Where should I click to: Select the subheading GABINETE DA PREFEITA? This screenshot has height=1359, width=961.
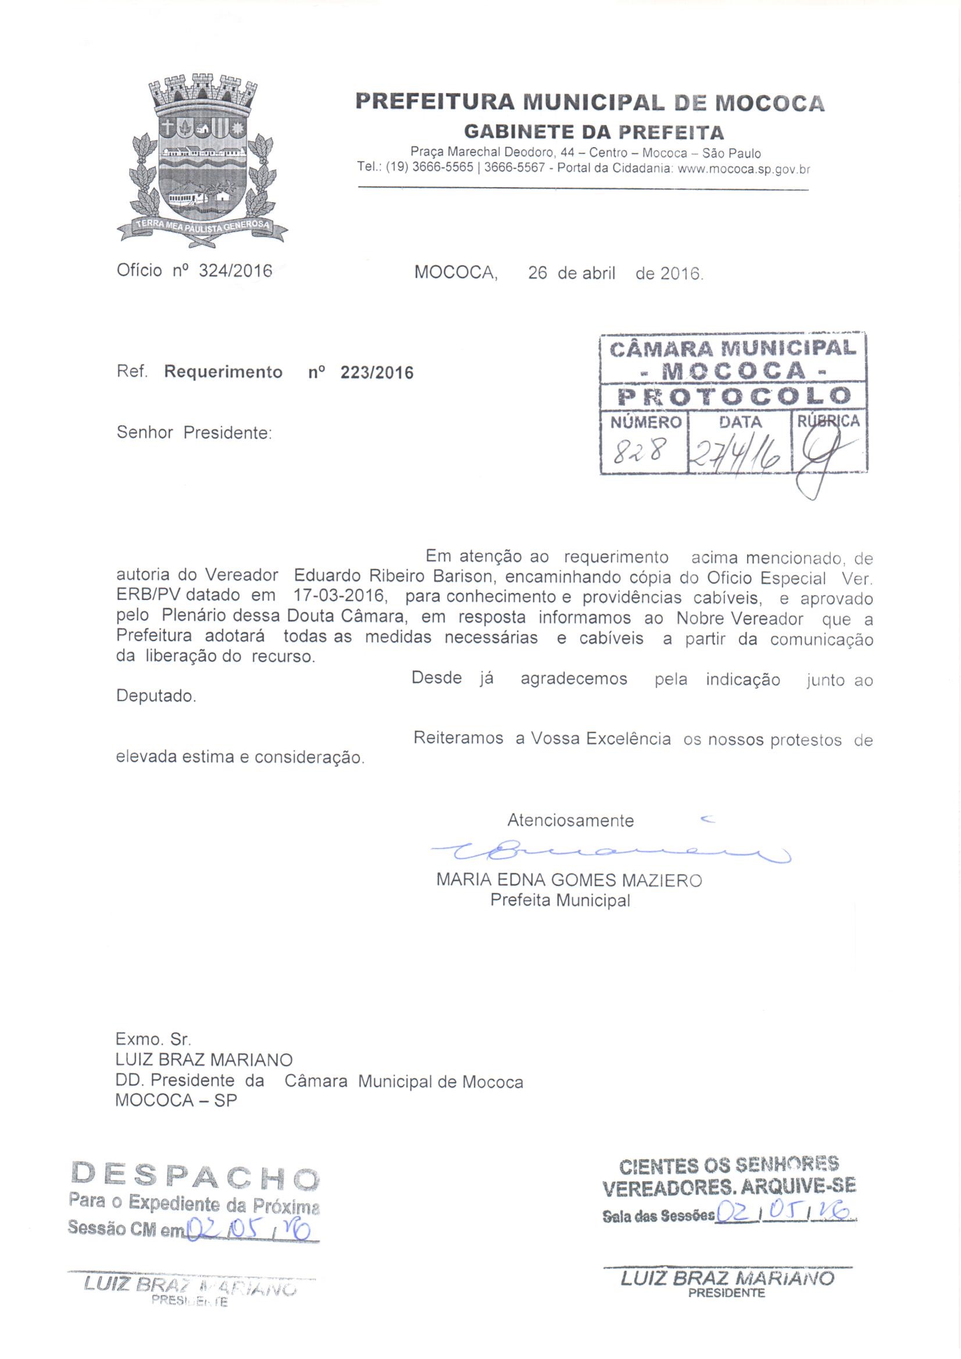point(594,131)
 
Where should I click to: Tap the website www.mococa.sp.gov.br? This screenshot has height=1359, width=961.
point(742,169)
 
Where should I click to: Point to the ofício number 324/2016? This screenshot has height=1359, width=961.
point(235,271)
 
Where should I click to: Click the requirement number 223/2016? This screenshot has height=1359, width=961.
point(377,373)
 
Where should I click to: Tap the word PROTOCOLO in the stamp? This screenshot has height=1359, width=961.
point(733,396)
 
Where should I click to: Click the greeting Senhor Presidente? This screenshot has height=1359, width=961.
point(194,432)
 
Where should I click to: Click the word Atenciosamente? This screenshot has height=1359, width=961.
point(570,820)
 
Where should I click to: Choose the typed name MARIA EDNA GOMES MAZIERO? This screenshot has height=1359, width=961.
point(569,880)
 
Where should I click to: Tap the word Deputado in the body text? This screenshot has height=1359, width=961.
point(156,696)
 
